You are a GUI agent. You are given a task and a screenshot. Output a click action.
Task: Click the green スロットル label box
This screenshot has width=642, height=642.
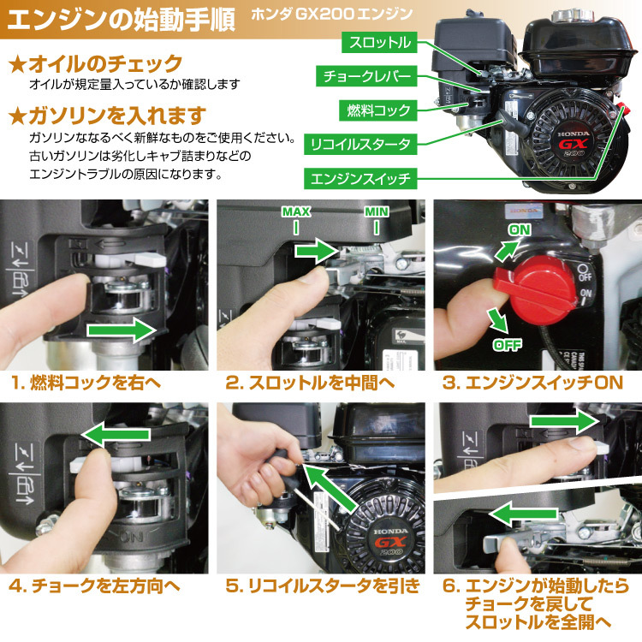379,43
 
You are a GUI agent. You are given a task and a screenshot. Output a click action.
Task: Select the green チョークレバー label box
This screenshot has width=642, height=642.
366,76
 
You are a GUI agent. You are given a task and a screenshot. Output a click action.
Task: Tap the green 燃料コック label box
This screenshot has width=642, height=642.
377,110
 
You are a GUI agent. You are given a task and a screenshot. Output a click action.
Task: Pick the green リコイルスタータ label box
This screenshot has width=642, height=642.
360,144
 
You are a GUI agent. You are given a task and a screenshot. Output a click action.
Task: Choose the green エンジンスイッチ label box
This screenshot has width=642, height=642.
360,178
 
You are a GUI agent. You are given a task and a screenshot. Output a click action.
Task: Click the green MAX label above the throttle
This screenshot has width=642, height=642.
296,211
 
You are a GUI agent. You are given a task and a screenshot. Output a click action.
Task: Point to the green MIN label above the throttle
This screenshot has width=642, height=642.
377,211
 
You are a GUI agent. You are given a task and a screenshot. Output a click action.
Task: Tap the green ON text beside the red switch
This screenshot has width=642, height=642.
520,229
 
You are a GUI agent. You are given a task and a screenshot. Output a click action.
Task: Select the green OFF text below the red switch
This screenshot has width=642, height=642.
508,345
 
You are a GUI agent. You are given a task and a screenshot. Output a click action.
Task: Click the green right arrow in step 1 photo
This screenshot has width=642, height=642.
122,330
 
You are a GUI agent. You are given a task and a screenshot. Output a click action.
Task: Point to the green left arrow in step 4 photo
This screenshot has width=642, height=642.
116,435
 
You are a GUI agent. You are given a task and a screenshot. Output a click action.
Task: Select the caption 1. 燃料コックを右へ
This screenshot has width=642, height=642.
86,383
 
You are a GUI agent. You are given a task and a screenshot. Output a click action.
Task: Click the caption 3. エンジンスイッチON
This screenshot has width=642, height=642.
532,383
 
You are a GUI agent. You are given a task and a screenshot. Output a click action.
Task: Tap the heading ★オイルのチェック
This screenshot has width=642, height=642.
95,64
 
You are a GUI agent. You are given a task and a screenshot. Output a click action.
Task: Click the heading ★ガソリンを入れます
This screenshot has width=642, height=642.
107,116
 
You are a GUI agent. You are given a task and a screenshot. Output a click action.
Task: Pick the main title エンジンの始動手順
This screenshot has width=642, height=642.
122,19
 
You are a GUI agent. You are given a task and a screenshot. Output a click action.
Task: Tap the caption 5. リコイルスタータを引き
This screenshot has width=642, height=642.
323,586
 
